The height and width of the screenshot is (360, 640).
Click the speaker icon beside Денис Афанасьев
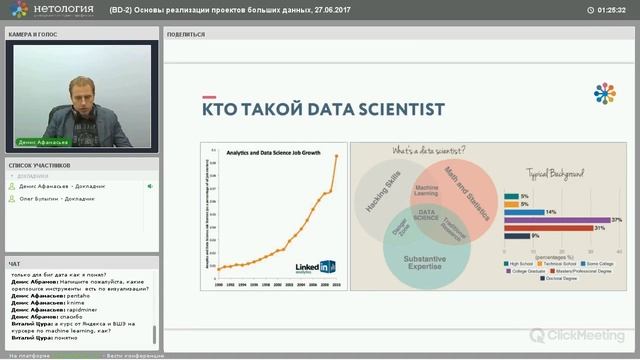pyautogui.click(x=150, y=186)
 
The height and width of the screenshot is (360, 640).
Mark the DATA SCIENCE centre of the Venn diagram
pyautogui.click(x=427, y=212)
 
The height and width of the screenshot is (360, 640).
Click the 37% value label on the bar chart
pyautogui.click(x=616, y=219)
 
